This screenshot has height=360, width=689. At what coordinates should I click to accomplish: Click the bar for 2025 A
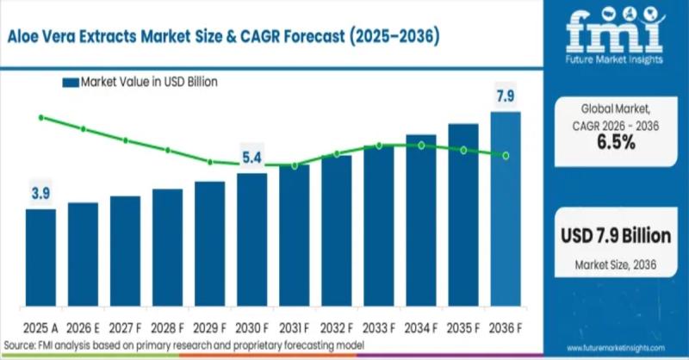tap(40, 259)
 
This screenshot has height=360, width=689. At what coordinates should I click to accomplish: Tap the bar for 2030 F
tap(252, 241)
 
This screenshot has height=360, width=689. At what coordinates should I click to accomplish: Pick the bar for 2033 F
tap(379, 227)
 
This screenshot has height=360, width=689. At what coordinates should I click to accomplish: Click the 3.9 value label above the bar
tap(40, 195)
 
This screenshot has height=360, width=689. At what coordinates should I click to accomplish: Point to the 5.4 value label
tap(251, 158)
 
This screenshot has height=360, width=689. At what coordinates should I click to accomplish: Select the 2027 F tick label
tap(125, 327)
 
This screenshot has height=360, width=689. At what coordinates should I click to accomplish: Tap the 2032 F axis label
tap(337, 327)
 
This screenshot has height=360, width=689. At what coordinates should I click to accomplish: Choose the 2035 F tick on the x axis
tap(463, 327)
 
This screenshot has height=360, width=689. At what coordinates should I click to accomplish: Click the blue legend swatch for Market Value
tap(70, 83)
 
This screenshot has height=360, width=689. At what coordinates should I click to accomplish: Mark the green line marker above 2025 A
tap(40, 117)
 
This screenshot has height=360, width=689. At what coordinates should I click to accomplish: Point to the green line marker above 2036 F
tap(506, 155)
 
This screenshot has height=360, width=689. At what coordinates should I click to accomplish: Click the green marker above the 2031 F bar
tap(294, 165)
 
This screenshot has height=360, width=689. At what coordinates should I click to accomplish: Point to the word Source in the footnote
tap(20, 345)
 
